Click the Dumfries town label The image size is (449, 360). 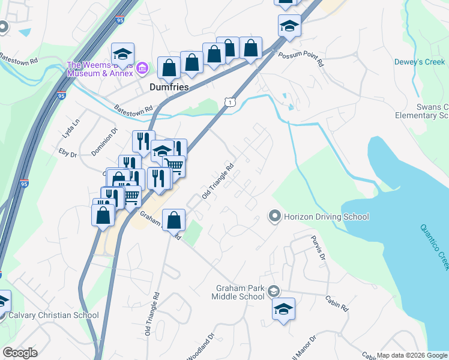tap(169, 87)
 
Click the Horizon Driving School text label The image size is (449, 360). tap(326, 217)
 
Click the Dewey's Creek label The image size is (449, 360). tap(419, 62)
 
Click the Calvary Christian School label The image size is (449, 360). tap(53, 315)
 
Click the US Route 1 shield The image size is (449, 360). tap(231, 103)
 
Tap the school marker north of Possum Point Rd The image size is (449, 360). tap(289, 26)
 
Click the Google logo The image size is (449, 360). tap(20, 352)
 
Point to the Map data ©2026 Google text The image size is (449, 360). tap(412, 355)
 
